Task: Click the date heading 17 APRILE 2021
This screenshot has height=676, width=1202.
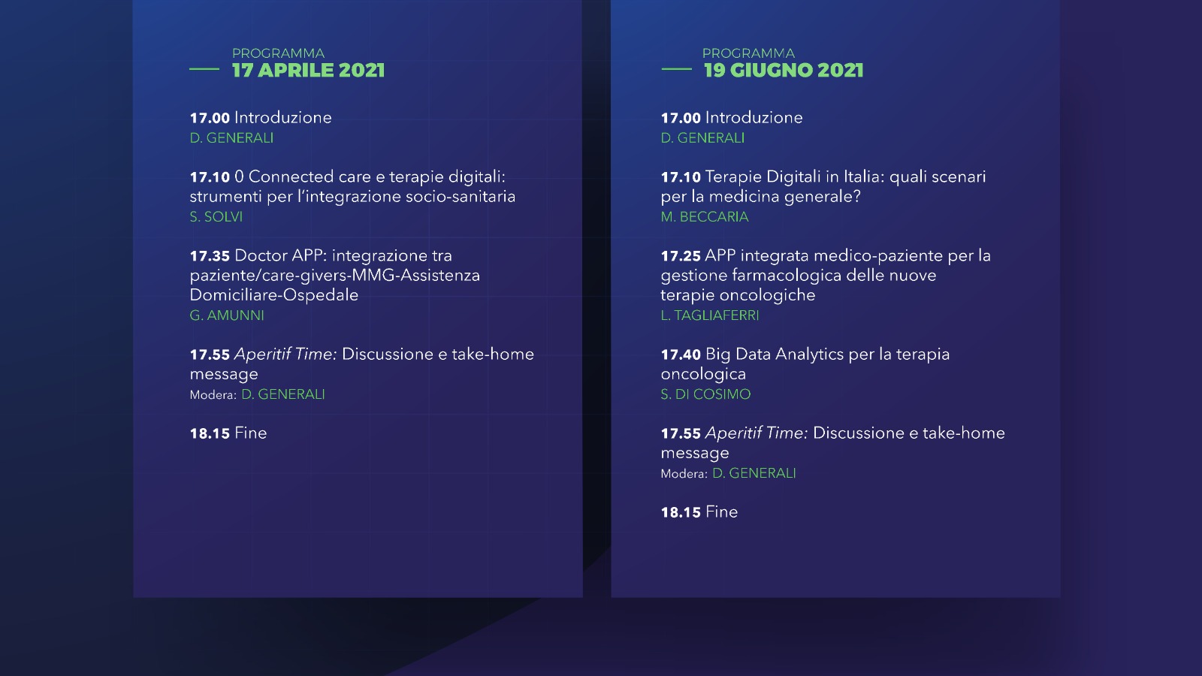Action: coord(308,71)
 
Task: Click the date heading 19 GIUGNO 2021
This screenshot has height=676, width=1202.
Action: coord(784,71)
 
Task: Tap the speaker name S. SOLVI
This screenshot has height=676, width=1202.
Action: coord(216,217)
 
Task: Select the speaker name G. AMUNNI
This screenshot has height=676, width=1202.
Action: coord(226,315)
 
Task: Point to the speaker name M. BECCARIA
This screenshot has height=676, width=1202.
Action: coord(704,217)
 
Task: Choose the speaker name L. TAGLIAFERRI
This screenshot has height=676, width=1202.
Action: coord(709,315)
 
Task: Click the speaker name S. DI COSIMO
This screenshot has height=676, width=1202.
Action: coord(705,394)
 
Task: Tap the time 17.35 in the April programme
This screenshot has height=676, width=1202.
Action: coord(210,256)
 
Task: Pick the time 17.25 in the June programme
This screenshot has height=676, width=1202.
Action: coord(681,256)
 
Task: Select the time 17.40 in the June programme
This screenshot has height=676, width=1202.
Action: coord(681,355)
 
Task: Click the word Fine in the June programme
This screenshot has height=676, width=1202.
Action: coord(721,512)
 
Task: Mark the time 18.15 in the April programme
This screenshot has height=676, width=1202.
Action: coord(210,433)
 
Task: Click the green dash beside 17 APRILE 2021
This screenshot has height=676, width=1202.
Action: coord(204,69)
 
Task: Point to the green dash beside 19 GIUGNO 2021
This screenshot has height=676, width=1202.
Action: coord(676,69)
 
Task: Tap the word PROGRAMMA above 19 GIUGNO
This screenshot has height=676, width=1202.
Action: coord(748,53)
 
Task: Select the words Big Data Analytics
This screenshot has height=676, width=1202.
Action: coord(775,355)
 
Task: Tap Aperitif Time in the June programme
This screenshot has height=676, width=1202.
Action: coord(756,433)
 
